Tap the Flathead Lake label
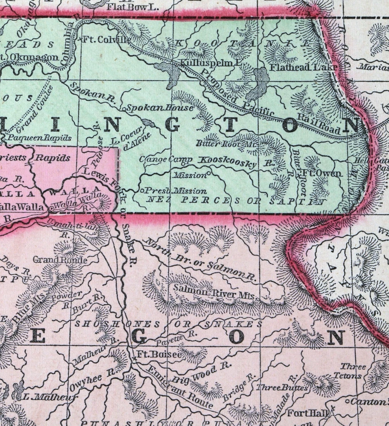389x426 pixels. tap(304, 67)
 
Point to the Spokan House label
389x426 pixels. tap(160, 107)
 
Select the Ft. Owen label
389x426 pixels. tap(322, 173)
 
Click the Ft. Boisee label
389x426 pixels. tap(153, 355)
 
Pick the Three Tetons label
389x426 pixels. tap(353, 371)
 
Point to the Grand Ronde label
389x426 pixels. tap(60, 260)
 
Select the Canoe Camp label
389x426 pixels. tap(166, 159)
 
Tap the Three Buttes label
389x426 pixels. tap(282, 387)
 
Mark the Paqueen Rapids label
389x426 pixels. tap(40, 138)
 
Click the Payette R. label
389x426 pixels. tap(177, 336)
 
